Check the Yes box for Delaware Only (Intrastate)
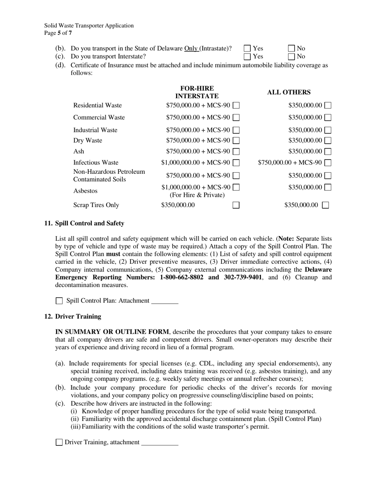click(x=247, y=49)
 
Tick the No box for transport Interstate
click(x=292, y=57)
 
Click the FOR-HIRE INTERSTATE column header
click(x=197, y=92)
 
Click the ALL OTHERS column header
click(x=289, y=92)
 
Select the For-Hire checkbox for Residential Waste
click(x=236, y=105)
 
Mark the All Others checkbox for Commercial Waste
click(x=328, y=118)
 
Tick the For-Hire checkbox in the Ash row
click(x=236, y=151)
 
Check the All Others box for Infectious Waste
click(x=328, y=162)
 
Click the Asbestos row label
click(x=85, y=191)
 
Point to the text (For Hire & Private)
click(x=197, y=195)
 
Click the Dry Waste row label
click(x=87, y=140)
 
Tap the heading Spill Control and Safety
click(x=89, y=223)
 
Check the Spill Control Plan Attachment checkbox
click(x=59, y=301)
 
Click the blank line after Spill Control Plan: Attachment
click(x=165, y=301)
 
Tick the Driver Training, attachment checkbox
click(x=59, y=442)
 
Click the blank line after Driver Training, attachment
click(x=160, y=443)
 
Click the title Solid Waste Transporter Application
click(x=89, y=26)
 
